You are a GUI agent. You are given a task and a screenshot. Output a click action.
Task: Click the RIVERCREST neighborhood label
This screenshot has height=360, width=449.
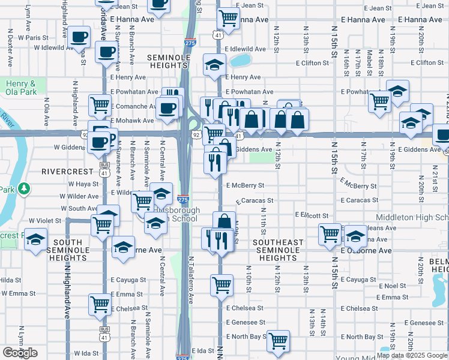click(x=65, y=171)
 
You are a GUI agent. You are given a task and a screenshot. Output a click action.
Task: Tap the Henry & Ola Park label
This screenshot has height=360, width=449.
click(x=22, y=88)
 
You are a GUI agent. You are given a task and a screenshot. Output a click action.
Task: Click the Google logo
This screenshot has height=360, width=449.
click(x=20, y=352)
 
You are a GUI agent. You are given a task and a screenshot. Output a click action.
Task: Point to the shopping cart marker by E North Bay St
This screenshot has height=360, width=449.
click(x=278, y=341)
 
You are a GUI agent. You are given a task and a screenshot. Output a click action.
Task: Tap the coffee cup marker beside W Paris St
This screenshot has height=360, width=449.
click(x=78, y=37)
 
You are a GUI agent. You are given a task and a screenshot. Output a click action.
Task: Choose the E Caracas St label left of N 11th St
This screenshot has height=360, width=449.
click(x=255, y=200)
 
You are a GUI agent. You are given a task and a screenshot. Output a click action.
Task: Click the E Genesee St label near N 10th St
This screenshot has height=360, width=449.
click(x=245, y=322)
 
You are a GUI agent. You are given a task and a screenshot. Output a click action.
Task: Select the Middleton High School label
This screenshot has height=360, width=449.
click(x=412, y=217)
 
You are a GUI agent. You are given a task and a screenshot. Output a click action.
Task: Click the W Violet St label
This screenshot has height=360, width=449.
click(x=41, y=221)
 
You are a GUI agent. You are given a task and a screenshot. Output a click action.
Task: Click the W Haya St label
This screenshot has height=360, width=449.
click(x=79, y=184)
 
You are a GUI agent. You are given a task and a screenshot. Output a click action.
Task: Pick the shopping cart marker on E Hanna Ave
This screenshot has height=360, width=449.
click(x=228, y=19)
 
